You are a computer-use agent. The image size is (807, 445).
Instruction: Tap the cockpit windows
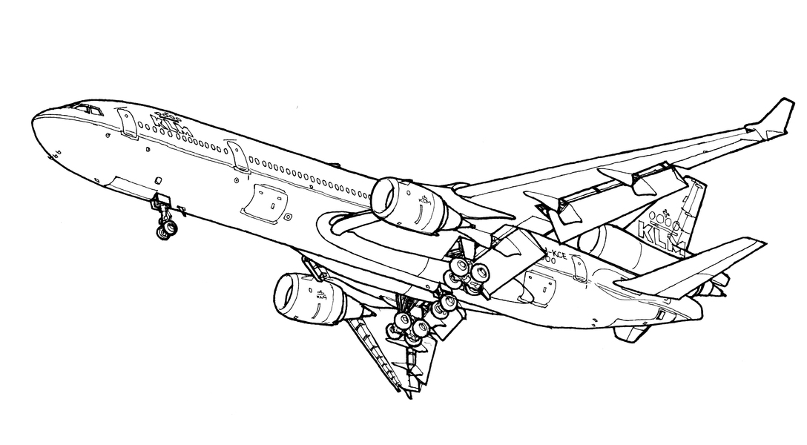click(90, 110)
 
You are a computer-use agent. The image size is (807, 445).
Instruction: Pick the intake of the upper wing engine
click(386, 197)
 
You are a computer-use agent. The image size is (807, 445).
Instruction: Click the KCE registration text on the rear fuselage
click(554, 257)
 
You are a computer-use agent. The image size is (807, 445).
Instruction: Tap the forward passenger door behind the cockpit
click(127, 125)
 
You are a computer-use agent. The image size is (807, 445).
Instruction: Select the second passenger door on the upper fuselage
click(239, 158)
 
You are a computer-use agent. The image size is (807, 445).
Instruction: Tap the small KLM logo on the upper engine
click(424, 201)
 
